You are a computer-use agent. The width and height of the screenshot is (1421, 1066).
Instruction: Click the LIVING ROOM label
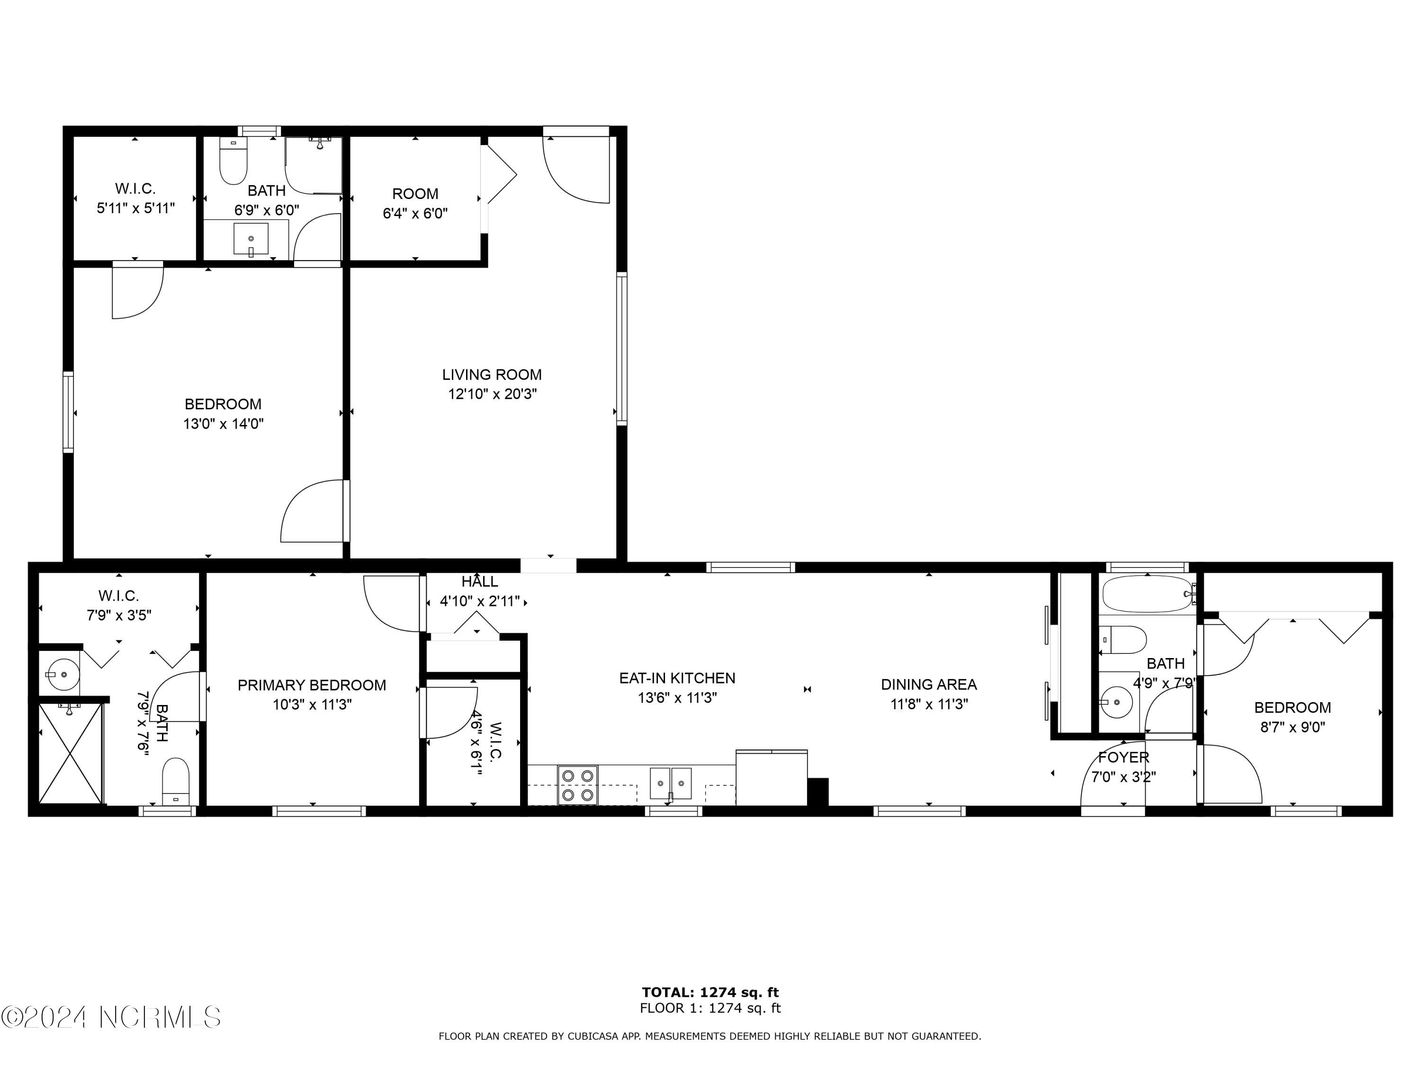[x=492, y=375]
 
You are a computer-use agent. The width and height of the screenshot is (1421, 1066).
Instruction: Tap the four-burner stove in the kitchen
[x=577, y=785]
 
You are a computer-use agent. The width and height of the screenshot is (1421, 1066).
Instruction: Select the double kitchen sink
[x=671, y=783]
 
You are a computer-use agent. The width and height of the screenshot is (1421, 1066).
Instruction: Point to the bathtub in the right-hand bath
[x=1147, y=593]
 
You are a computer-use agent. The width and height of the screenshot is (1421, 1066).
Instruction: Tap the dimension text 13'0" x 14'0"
[x=224, y=424]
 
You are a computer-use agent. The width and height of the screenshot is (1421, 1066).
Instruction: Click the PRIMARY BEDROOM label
[x=312, y=685]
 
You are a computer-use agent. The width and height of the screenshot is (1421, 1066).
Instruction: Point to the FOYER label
[x=1124, y=757]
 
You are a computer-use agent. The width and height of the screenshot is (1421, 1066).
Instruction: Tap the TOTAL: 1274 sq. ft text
[x=710, y=993]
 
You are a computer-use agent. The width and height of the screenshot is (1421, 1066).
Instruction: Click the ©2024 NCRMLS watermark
[x=111, y=1017]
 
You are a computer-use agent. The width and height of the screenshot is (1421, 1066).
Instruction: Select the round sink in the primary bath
[x=60, y=675]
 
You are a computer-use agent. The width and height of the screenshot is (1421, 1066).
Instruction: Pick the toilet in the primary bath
[x=175, y=781]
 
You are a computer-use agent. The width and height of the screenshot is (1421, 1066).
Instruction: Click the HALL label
[x=479, y=581]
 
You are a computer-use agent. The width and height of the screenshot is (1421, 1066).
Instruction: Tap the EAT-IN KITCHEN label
[x=677, y=678]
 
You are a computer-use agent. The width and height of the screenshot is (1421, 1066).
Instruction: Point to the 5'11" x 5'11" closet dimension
[x=135, y=208]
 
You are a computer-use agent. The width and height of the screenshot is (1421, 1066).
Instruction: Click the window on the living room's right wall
[x=622, y=349]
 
